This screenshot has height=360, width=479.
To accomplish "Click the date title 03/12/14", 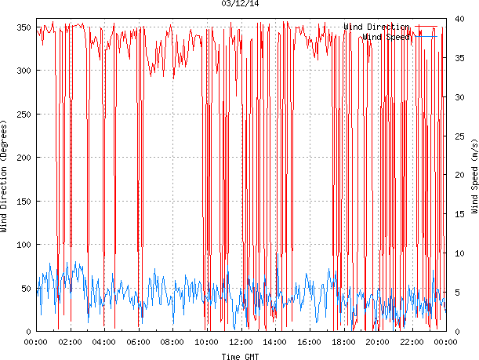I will [x=239, y=4].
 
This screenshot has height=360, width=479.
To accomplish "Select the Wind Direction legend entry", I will [x=376, y=27].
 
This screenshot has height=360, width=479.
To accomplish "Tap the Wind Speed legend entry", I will [x=386, y=37].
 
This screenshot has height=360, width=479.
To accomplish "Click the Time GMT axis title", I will [x=241, y=356].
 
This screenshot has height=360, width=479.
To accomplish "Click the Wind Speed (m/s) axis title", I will [x=474, y=177].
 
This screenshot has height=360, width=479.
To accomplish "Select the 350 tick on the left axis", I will [x=23, y=28].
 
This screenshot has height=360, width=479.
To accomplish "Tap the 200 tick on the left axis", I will [x=23, y=158].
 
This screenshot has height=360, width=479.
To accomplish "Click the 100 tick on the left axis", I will [x=23, y=245].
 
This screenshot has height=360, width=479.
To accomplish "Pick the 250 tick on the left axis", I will [x=23, y=115].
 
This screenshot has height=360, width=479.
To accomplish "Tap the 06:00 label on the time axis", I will [x=138, y=343].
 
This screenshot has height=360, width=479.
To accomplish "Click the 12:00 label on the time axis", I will [x=241, y=343].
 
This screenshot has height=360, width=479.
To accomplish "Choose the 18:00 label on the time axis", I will [x=343, y=343].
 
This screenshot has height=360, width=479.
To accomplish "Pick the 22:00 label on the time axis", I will [x=412, y=343].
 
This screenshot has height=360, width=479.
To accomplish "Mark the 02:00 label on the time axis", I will [x=70, y=343].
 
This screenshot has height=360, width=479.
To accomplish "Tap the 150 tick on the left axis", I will [x=23, y=202].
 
